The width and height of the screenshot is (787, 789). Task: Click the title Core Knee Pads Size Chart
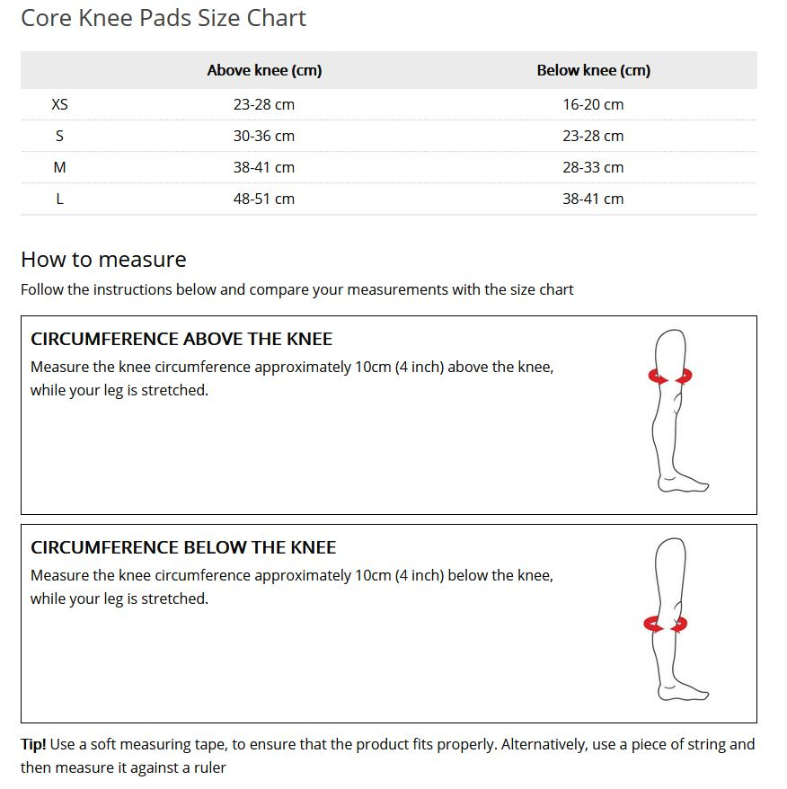tap(164, 18)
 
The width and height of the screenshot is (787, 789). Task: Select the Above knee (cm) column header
tap(264, 70)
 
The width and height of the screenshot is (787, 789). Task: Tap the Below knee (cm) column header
tap(593, 70)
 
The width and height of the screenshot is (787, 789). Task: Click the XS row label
tap(59, 104)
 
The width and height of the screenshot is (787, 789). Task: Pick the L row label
tap(59, 199)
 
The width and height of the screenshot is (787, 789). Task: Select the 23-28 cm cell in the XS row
tap(264, 104)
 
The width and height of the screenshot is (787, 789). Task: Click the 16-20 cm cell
tap(593, 104)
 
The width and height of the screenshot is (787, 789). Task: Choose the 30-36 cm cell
tap(264, 136)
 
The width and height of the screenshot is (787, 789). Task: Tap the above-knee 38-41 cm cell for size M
tap(264, 167)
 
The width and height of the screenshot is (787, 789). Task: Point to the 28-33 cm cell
tap(593, 167)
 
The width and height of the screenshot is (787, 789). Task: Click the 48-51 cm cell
tap(264, 199)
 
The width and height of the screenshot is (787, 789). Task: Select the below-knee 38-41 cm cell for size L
tap(593, 199)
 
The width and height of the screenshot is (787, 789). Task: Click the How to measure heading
tap(103, 260)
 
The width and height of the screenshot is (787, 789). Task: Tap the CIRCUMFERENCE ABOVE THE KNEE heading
tap(181, 339)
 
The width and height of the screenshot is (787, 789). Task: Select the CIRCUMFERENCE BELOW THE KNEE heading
tap(183, 547)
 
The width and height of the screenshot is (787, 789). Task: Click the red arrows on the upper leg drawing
tap(670, 377)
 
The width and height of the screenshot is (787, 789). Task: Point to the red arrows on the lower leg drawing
tap(666, 623)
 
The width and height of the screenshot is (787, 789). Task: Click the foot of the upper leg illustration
tap(683, 484)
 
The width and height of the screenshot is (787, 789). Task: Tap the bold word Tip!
tap(33, 744)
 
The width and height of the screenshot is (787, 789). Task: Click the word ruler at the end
tap(208, 767)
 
